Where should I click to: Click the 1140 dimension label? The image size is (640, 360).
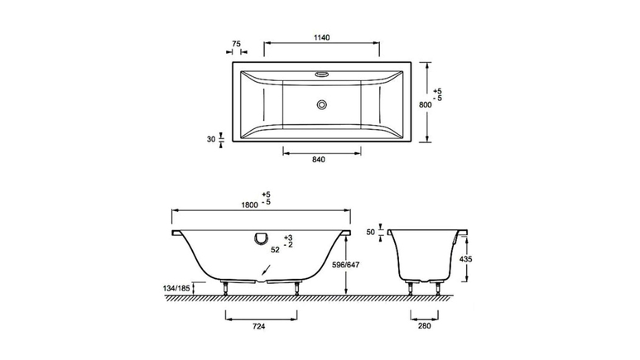pyautogui.click(x=321, y=37)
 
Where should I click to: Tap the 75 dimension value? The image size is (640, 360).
pyautogui.click(x=236, y=44)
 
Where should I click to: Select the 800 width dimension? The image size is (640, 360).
pyautogui.click(x=426, y=104)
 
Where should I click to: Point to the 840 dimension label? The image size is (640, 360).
pyautogui.click(x=319, y=160)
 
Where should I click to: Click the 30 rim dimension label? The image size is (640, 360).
pyautogui.click(x=210, y=139)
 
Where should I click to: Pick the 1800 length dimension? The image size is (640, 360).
pyautogui.click(x=249, y=205)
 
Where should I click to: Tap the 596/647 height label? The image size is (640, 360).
pyautogui.click(x=345, y=265)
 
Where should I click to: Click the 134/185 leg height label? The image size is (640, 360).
pyautogui.click(x=176, y=288)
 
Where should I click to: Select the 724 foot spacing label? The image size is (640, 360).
pyautogui.click(x=259, y=326)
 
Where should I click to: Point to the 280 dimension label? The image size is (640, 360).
pyautogui.click(x=424, y=326)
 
